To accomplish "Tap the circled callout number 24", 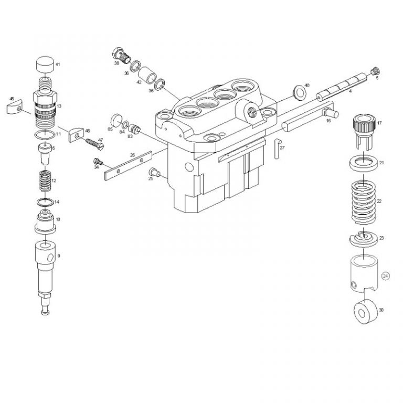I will [x=386, y=275].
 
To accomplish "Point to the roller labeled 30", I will [x=363, y=311].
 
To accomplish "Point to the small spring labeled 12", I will [x=45, y=182].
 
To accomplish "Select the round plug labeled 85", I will [x=116, y=119].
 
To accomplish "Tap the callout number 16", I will [x=328, y=121].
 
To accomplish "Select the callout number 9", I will [x=59, y=256].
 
